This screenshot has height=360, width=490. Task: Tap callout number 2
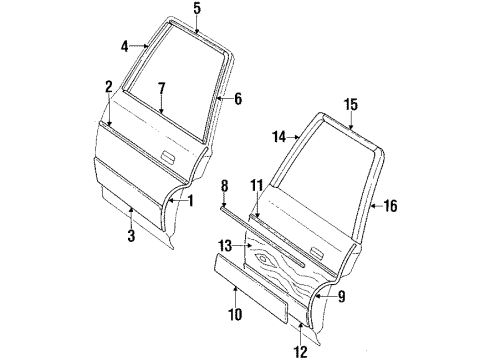108,86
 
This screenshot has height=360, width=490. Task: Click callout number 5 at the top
197,9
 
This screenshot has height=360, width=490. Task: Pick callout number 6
237,98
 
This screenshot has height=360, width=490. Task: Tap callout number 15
351,104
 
